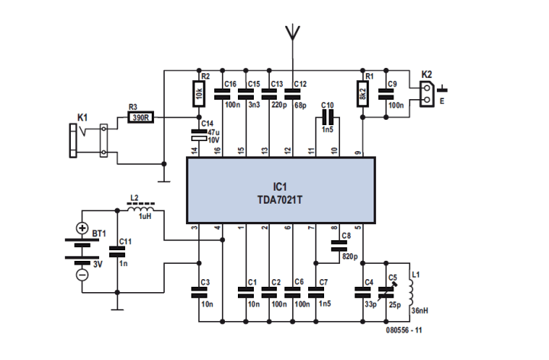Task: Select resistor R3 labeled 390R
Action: pos(140,117)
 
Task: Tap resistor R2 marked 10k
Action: pos(199,95)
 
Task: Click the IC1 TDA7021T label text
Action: pos(280,191)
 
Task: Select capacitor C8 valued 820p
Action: pos(338,246)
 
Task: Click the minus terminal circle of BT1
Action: pos(82,275)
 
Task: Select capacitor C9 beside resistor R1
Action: pos(387,95)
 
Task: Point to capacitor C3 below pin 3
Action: pos(199,290)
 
